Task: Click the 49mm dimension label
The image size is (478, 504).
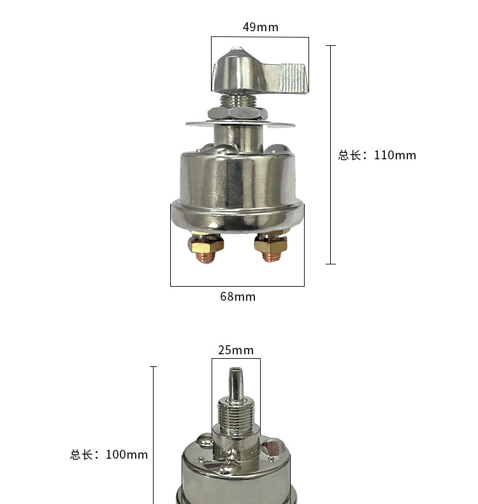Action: pos(261,27)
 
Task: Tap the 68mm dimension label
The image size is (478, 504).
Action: pos(238,297)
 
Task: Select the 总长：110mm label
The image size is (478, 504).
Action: pos(377,155)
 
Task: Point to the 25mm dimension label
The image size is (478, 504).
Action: pos(236,350)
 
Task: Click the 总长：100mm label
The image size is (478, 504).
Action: pos(109,454)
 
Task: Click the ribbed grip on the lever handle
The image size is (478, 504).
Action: pos(293,78)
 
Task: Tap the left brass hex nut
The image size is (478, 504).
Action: pos(206,244)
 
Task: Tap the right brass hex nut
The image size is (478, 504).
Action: pos(271,245)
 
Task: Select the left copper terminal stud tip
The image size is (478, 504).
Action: pos(205,258)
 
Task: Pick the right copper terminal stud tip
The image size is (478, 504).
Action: pos(271,257)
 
